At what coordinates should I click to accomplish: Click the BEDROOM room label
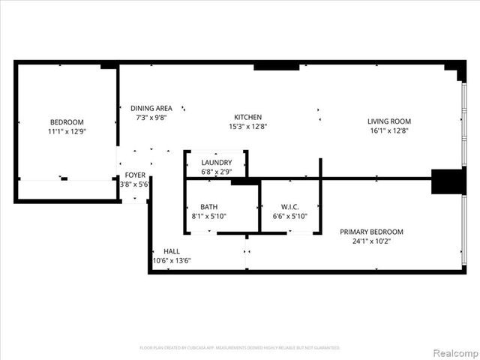[x=67, y=122]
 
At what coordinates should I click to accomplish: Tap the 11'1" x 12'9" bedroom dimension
[x=67, y=132]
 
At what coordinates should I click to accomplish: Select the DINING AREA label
[x=151, y=108]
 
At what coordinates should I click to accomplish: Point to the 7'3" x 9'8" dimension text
[x=151, y=118]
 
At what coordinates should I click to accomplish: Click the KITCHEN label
[x=247, y=117]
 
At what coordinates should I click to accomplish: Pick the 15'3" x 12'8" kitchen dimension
[x=247, y=127]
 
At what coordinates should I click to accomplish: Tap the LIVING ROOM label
[x=388, y=121]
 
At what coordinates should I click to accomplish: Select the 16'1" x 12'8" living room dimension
[x=388, y=131]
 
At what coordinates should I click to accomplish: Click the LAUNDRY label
[x=216, y=162]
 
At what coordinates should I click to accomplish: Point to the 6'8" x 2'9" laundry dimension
[x=216, y=172]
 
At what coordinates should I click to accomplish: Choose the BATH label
[x=208, y=207]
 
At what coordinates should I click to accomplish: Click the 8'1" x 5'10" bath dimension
[x=208, y=217]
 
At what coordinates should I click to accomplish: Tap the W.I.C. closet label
[x=290, y=207]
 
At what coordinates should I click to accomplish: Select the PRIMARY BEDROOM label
[x=371, y=232]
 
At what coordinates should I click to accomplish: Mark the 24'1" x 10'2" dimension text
[x=371, y=241]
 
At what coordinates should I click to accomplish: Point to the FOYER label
[x=135, y=175]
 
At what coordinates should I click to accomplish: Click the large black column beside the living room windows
[x=445, y=181]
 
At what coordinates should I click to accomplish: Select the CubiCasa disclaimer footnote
[x=240, y=348]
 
